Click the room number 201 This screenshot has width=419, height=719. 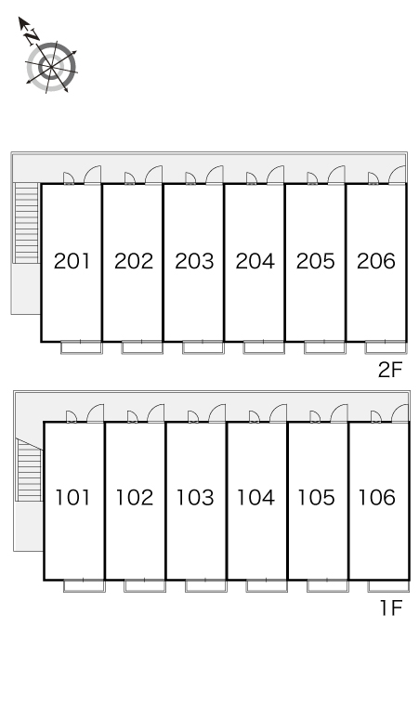tap(72, 261)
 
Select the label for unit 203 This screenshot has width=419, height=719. tap(194, 261)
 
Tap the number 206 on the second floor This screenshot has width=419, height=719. tap(376, 261)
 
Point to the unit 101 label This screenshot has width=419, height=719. tap(72, 498)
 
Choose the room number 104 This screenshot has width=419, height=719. tap(255, 498)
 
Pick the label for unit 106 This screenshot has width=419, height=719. tap(377, 498)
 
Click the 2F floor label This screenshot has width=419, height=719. tap(390, 370)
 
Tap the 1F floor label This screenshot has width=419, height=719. tap(391, 608)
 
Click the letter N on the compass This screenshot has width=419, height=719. tap(33, 36)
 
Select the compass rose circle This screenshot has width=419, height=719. tap(51, 68)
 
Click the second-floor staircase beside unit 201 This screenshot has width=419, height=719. tap(27, 223)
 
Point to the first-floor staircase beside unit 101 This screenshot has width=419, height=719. tap(30, 470)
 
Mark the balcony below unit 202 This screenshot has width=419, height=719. tap(142, 347)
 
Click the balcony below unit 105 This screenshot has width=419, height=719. tap(328, 586)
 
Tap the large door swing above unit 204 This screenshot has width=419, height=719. tap(276, 175)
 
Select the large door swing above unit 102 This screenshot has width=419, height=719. tap(156, 413)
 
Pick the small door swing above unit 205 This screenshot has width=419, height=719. tap(312, 178)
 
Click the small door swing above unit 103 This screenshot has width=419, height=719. tap(193, 417)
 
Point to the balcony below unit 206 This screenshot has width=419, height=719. tap(386, 347)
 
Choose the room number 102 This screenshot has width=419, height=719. tap(135, 498)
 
